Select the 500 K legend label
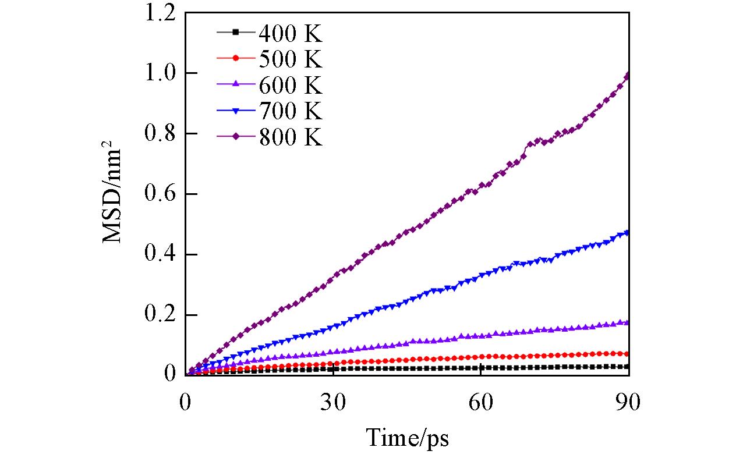click(289, 59)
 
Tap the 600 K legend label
click(289, 86)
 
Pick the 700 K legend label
click(289, 111)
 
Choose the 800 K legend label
click(289, 138)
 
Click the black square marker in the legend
click(236, 33)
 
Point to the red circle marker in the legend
click(236, 59)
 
